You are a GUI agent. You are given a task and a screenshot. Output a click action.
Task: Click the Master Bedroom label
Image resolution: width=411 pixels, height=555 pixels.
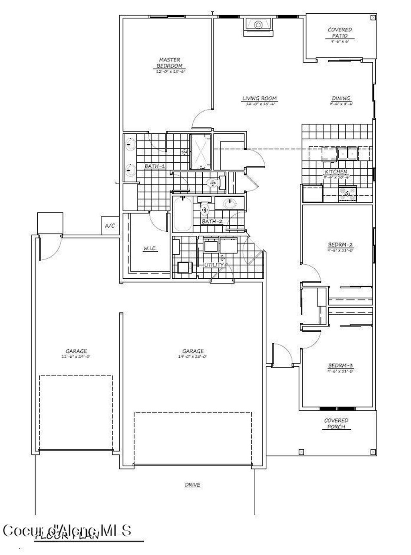pyautogui.click(x=170, y=63)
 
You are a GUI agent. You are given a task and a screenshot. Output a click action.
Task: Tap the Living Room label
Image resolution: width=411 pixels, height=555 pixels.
pyautogui.click(x=259, y=98)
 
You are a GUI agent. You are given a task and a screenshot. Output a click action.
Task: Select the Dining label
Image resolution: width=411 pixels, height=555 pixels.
pyautogui.click(x=341, y=98)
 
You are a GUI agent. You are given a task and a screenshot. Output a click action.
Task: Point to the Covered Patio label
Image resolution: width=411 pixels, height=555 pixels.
pyautogui.click(x=340, y=33)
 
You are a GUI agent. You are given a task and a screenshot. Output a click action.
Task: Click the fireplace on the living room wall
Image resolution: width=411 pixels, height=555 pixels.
pyautogui.click(x=258, y=25)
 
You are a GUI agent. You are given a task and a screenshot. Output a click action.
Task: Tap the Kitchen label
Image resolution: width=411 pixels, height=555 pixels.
pyautogui.click(x=336, y=172)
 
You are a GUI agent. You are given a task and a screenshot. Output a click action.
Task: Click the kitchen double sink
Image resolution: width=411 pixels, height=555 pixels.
pyautogui.click(x=347, y=153)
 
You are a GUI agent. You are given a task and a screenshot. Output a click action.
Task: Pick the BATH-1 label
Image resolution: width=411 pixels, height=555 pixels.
pyautogui.click(x=155, y=166)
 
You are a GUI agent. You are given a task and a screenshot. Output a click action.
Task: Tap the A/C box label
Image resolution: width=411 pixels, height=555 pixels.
pyautogui.click(x=110, y=226)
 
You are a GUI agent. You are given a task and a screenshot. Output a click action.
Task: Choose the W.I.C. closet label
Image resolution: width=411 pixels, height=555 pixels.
pyautogui.click(x=150, y=249)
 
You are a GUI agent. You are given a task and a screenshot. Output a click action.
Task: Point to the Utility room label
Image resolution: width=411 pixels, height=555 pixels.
pyautogui.click(x=215, y=265)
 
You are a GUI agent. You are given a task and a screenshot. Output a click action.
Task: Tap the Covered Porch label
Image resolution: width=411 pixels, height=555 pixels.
pyautogui.click(x=336, y=423)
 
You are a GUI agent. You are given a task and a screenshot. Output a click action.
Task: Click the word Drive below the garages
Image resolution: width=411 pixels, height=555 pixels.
pyautogui.click(x=192, y=485)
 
